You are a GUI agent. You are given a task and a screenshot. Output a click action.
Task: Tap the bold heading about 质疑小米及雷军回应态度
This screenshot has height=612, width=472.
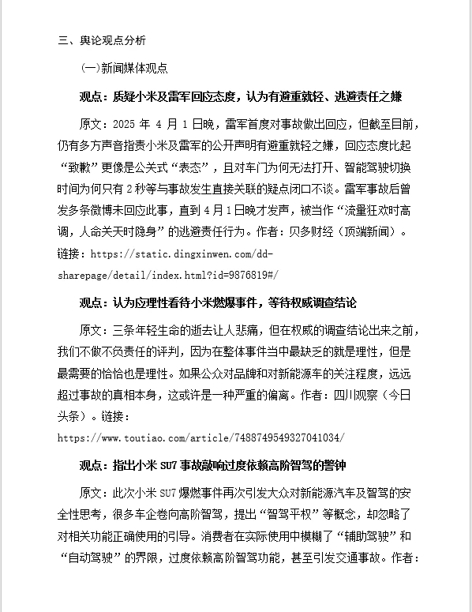coord(241,97)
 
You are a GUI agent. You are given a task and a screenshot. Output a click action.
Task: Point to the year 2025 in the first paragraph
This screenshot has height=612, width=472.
coord(125,126)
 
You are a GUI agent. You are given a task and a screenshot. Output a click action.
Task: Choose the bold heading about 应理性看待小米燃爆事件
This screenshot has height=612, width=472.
coord(218,303)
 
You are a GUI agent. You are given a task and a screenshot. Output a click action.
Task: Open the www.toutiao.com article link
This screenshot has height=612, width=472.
coord(201,437)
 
